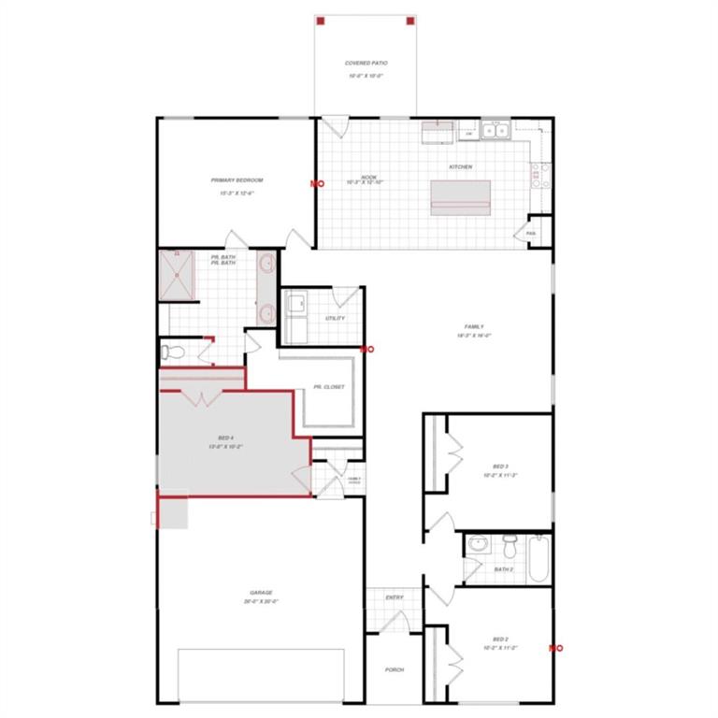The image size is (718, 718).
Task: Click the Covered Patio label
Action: (x=366, y=64)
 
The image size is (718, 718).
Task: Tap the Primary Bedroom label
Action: (x=237, y=180)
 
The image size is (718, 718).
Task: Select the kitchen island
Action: (x=460, y=197)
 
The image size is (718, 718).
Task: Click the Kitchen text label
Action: (x=461, y=167)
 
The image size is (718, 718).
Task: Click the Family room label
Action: (x=475, y=326)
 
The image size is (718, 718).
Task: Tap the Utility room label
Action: (x=335, y=318)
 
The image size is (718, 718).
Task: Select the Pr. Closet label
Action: (x=329, y=386)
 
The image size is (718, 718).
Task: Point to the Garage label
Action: (x=261, y=593)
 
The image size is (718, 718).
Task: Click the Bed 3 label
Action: (x=501, y=467)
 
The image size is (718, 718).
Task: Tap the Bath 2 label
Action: (x=504, y=568)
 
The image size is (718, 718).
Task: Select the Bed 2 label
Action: (x=501, y=639)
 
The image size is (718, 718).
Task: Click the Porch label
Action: (x=395, y=669)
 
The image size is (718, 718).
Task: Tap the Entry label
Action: (x=395, y=597)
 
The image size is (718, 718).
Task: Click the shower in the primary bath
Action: (x=178, y=275)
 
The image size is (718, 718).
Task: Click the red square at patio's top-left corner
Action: (x=319, y=20)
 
